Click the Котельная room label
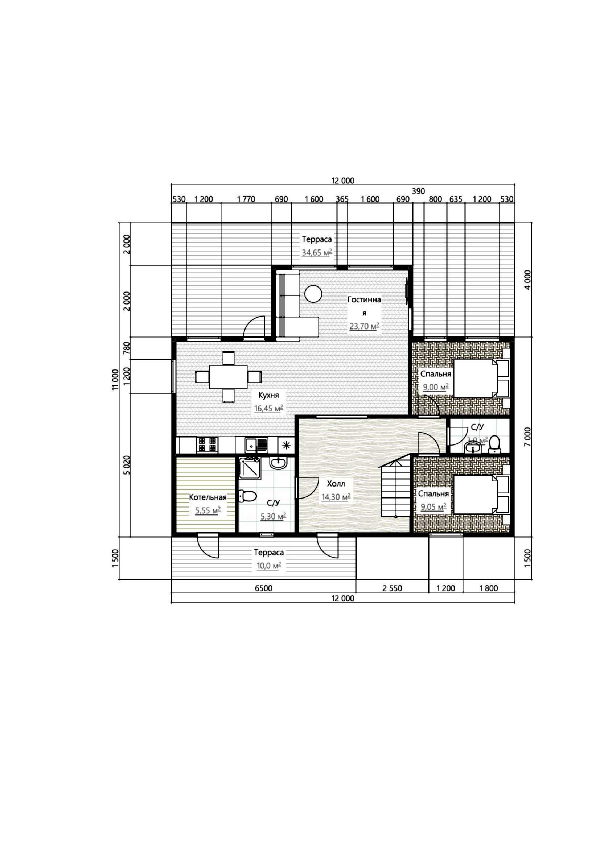point(207,497)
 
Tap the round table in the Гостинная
point(313,294)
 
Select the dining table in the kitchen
point(228,377)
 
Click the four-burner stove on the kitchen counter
point(207,445)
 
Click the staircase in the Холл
point(396,487)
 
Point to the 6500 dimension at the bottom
point(263,588)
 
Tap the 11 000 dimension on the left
point(116,379)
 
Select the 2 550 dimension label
point(392,588)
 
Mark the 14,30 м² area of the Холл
point(336,497)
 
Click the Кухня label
point(268,396)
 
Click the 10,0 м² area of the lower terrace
point(268,566)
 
